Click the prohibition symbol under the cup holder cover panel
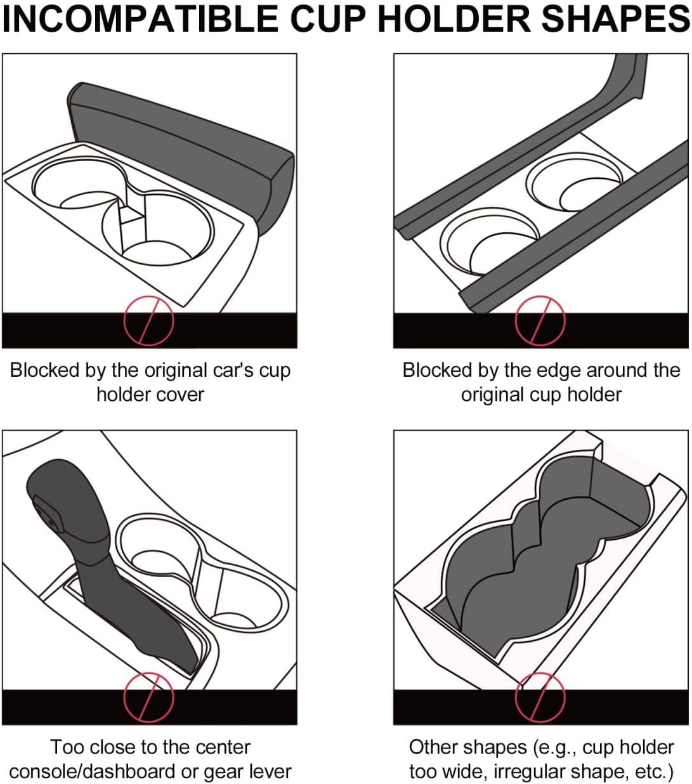[x=148, y=320]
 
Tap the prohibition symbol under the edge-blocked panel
[x=540, y=320]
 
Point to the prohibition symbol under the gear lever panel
[x=148, y=697]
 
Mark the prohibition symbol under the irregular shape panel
[x=540, y=697]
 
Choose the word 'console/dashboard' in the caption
[x=93, y=772]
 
